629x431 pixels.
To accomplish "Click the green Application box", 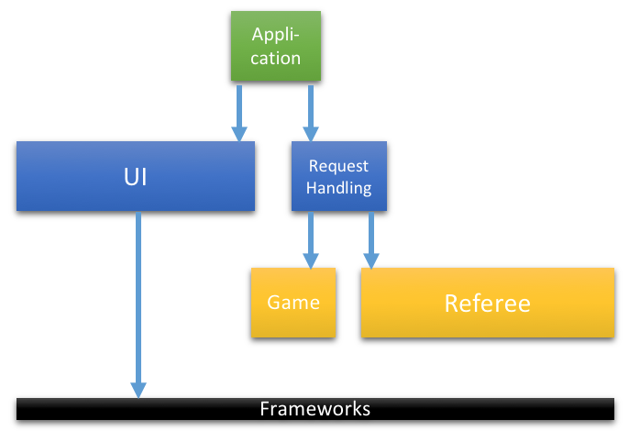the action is point(276,46).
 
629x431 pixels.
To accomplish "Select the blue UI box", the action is point(136,176).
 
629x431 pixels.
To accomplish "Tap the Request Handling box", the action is point(339,176).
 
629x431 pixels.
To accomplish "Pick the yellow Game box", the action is point(293,303).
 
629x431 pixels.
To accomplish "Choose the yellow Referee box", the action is point(488,303).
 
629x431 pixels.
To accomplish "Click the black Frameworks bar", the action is point(315,409).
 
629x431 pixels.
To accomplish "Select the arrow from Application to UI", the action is point(239,113).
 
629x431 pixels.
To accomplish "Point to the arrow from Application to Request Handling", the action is point(311,113).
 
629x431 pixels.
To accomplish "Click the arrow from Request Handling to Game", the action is point(311,240).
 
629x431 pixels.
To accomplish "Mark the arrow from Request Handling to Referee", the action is point(371,240).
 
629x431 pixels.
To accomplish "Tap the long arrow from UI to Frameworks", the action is point(138,305).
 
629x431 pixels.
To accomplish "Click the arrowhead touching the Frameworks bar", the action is point(138,391).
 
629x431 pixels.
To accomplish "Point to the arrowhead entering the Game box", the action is point(311,260).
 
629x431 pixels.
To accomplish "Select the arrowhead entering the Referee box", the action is point(371,260).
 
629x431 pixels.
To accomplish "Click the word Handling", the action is point(339,188).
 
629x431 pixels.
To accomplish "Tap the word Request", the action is point(338,166).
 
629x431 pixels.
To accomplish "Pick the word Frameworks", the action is point(314,409).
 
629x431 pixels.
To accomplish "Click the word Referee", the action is point(488,304).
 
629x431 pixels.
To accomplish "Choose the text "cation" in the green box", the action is point(276,59).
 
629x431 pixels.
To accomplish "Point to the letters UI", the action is point(136,177).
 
